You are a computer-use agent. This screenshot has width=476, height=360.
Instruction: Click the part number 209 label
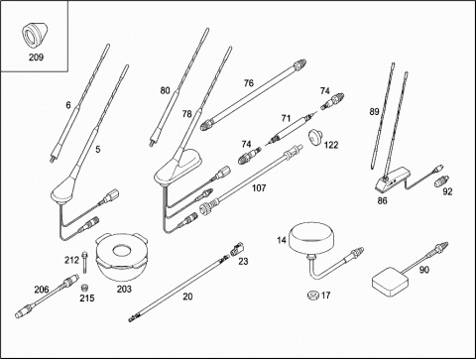tap(36, 58)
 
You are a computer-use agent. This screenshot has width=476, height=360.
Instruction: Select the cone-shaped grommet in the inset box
tap(34, 34)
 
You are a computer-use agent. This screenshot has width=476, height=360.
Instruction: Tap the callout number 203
tap(124, 289)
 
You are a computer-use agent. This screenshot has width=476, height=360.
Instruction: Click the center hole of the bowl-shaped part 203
tap(121, 251)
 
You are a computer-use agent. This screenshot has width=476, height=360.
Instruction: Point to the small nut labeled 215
tap(85, 287)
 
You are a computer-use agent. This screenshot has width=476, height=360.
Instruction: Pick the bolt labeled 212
tap(85, 262)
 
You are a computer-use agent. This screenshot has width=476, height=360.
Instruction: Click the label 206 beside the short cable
tap(42, 290)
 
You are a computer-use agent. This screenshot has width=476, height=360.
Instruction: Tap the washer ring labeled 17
tap(312, 295)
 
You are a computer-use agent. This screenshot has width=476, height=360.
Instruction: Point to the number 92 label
tap(447, 191)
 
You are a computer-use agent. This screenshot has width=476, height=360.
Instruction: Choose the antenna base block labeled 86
tap(393, 179)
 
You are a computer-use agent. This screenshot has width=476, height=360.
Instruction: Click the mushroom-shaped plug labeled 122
tap(315, 136)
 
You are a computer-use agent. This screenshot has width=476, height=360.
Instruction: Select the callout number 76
tap(249, 83)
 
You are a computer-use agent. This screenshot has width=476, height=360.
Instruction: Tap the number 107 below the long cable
tap(259, 188)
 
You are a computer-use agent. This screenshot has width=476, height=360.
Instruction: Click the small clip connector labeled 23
tap(237, 249)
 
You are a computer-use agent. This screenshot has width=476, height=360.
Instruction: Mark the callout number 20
tap(187, 297)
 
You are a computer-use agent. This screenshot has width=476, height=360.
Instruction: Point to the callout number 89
tap(374, 112)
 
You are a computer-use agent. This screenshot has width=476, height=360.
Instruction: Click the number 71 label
tap(286, 118)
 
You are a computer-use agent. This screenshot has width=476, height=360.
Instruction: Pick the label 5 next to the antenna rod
tap(98, 150)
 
